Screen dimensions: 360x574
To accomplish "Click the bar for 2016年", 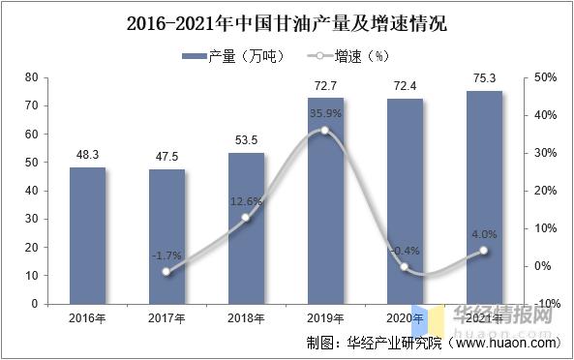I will (87, 235).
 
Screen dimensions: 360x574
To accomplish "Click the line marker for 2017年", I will (166, 272).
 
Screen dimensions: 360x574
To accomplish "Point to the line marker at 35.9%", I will (325, 130).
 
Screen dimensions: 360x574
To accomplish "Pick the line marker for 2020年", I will (405, 267).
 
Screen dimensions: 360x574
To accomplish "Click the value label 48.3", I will (87, 155).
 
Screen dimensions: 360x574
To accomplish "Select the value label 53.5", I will (246, 140).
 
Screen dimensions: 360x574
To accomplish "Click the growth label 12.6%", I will (246, 201).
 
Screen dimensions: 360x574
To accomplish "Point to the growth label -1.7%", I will (166, 255).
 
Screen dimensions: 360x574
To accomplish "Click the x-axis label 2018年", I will (246, 317).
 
